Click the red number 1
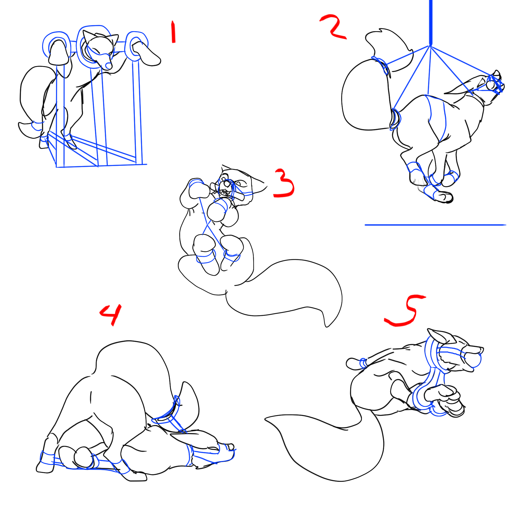(173, 32)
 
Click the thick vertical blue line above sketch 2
(431, 23)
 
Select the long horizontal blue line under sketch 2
(435, 225)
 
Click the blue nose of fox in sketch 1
(108, 66)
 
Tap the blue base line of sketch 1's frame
(101, 166)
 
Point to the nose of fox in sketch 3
(227, 184)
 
